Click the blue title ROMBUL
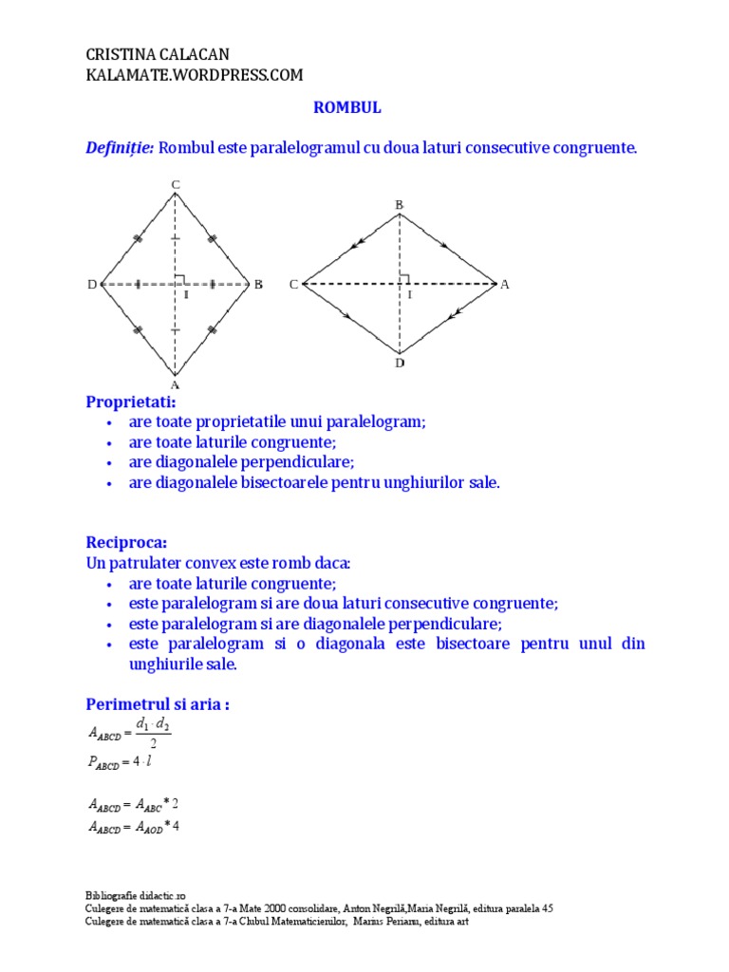pyautogui.click(x=347, y=108)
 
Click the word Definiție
pyautogui.click(x=120, y=148)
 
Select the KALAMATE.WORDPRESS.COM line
pyautogui.click(x=194, y=75)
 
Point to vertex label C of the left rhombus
pyautogui.click(x=175, y=183)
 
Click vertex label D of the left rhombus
pyautogui.click(x=93, y=284)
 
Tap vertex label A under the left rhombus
pyautogui.click(x=175, y=385)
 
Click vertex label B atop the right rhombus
pyautogui.click(x=400, y=204)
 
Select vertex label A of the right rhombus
pyautogui.click(x=505, y=284)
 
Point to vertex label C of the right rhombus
pyautogui.click(x=293, y=284)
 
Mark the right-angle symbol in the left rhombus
pyautogui.click(x=180, y=279)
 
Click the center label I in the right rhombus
pyautogui.click(x=410, y=295)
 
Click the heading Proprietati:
pyautogui.click(x=131, y=402)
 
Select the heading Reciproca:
pyautogui.click(x=126, y=542)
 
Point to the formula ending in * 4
pyautogui.click(x=134, y=826)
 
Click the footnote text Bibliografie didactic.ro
pyautogui.click(x=136, y=895)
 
